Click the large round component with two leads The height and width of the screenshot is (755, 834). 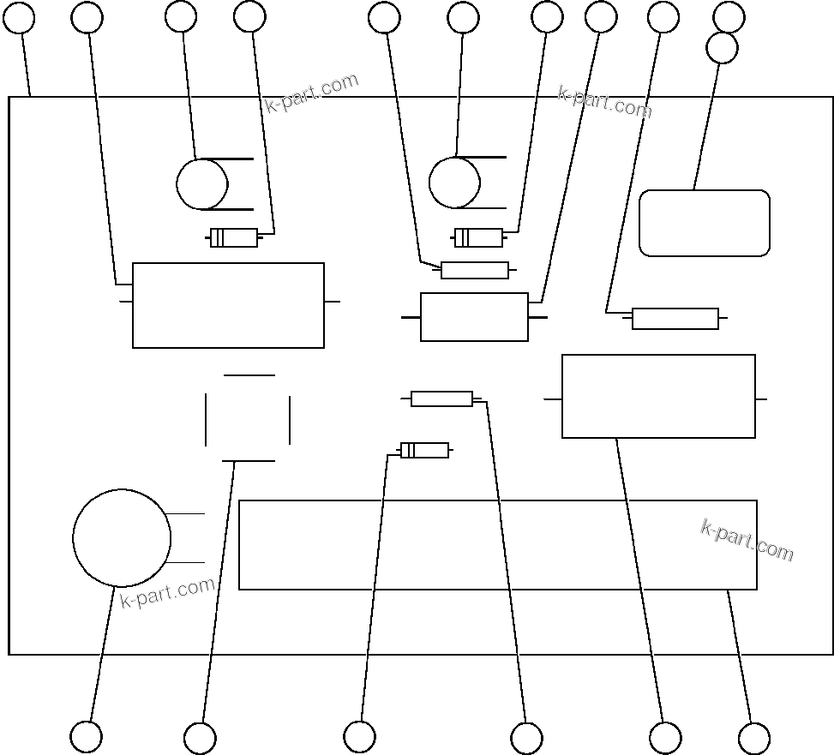121,538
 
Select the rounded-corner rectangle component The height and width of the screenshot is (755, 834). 705,223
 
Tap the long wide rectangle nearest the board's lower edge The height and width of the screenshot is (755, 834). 497,545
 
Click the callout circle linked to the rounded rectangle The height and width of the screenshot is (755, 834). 722,48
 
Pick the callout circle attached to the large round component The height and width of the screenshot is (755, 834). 86,736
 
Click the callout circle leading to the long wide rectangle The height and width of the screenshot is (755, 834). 753,738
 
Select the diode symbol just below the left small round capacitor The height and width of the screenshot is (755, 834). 234,238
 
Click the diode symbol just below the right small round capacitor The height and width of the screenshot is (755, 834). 478,237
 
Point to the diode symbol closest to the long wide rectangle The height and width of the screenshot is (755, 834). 424,450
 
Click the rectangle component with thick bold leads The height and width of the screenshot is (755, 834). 474,317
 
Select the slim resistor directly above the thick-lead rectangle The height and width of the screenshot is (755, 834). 474,271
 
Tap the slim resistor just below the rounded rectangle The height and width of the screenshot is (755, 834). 675,319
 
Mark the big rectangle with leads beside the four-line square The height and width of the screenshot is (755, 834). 228,305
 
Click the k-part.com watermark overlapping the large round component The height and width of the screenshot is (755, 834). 167,592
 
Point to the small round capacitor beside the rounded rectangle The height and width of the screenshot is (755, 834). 454,183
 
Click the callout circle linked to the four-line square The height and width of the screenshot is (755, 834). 200,738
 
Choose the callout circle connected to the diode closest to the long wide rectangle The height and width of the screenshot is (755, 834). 359,736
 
